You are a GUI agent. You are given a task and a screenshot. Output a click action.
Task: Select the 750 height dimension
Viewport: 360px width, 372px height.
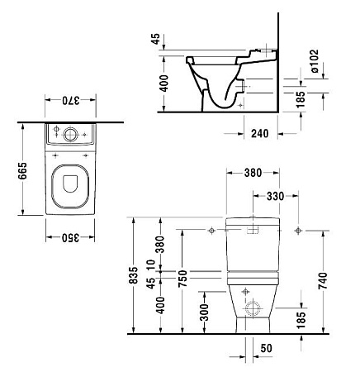(182, 279)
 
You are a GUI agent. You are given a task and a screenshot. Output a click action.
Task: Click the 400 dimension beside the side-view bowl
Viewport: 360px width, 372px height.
(163, 83)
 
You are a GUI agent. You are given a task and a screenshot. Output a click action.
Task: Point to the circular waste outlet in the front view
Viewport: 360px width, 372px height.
(253, 309)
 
